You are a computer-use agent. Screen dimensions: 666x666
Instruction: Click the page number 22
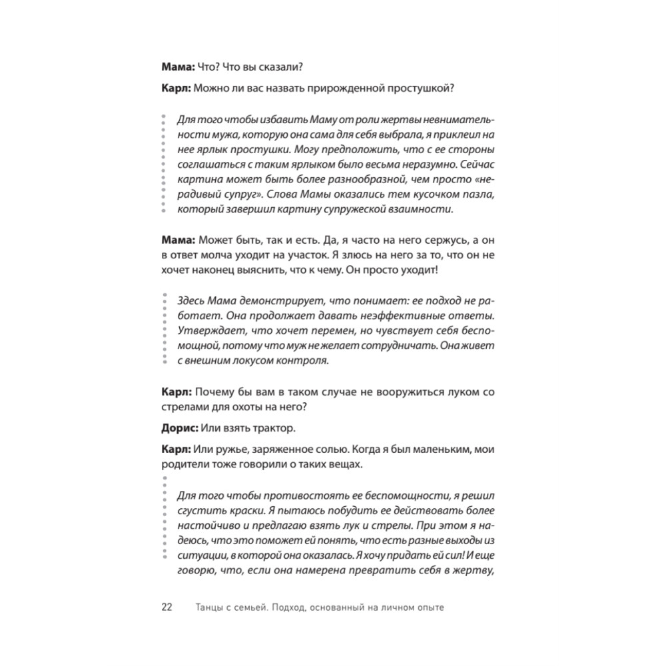[x=167, y=607]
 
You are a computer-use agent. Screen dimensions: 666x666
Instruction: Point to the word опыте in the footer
[x=430, y=607]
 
